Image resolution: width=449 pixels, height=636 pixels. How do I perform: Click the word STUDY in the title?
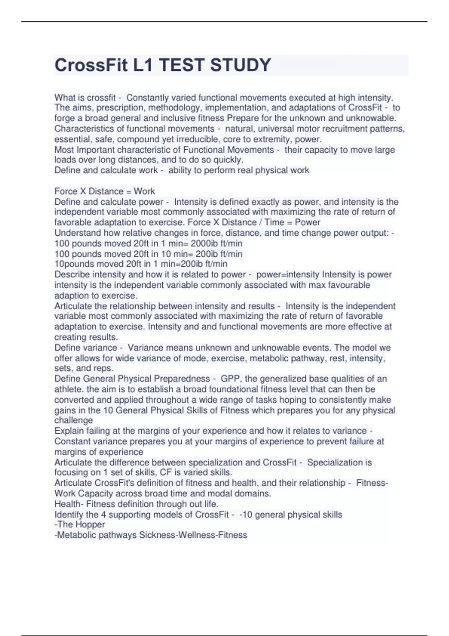240,65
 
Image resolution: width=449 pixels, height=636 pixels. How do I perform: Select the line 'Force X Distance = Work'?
104,191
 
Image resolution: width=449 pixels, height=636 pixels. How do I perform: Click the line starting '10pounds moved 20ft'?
141,264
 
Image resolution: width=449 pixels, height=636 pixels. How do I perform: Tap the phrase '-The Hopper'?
79,525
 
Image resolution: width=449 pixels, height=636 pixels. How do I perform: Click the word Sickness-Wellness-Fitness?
193,535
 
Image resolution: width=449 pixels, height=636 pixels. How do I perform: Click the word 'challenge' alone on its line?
73,420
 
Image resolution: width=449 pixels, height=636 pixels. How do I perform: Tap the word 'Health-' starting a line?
69,504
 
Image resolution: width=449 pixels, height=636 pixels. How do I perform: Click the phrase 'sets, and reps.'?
83,368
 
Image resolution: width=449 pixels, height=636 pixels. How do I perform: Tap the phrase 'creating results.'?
86,337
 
